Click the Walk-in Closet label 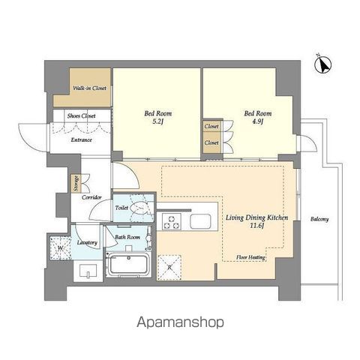[89, 88]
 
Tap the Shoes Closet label [80, 115]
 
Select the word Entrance [80, 140]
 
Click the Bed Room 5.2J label [157, 118]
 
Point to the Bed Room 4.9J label [257, 118]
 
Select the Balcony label [319, 219]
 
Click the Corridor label [92, 197]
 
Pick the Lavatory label [87, 243]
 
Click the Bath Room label [127, 238]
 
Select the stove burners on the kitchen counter [172, 221]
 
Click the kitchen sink [201, 221]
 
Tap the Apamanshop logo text [180, 322]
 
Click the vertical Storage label [76, 182]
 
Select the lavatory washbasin [89, 268]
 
